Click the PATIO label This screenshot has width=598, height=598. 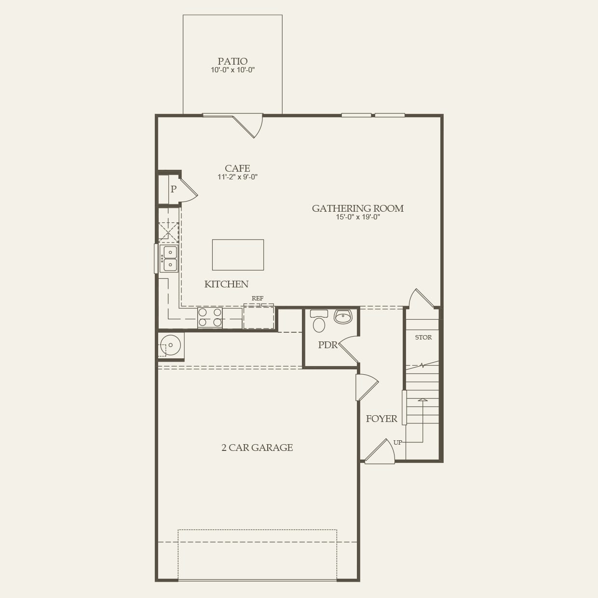click(232, 61)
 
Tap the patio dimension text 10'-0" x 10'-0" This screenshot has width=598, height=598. click(232, 70)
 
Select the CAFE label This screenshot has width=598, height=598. click(237, 168)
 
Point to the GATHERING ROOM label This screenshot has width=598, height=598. click(357, 208)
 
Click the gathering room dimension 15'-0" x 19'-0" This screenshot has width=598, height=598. click(358, 217)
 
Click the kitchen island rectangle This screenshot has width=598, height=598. click(238, 255)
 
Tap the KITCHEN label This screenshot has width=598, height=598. click(226, 285)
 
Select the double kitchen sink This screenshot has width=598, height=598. click(170, 258)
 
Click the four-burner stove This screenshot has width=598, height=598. click(210, 317)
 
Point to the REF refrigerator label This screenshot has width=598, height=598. click(258, 299)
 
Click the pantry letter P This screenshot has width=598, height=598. click(173, 190)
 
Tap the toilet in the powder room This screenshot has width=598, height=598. click(319, 323)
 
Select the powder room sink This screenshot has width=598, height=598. click(343, 317)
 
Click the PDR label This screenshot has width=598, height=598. click(327, 345)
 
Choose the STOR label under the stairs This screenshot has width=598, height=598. click(423, 338)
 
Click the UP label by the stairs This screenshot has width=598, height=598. click(397, 443)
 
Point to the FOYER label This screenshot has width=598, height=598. click(381, 419)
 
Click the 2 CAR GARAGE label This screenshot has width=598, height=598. click(257, 448)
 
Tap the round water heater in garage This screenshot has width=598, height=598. click(171, 345)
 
